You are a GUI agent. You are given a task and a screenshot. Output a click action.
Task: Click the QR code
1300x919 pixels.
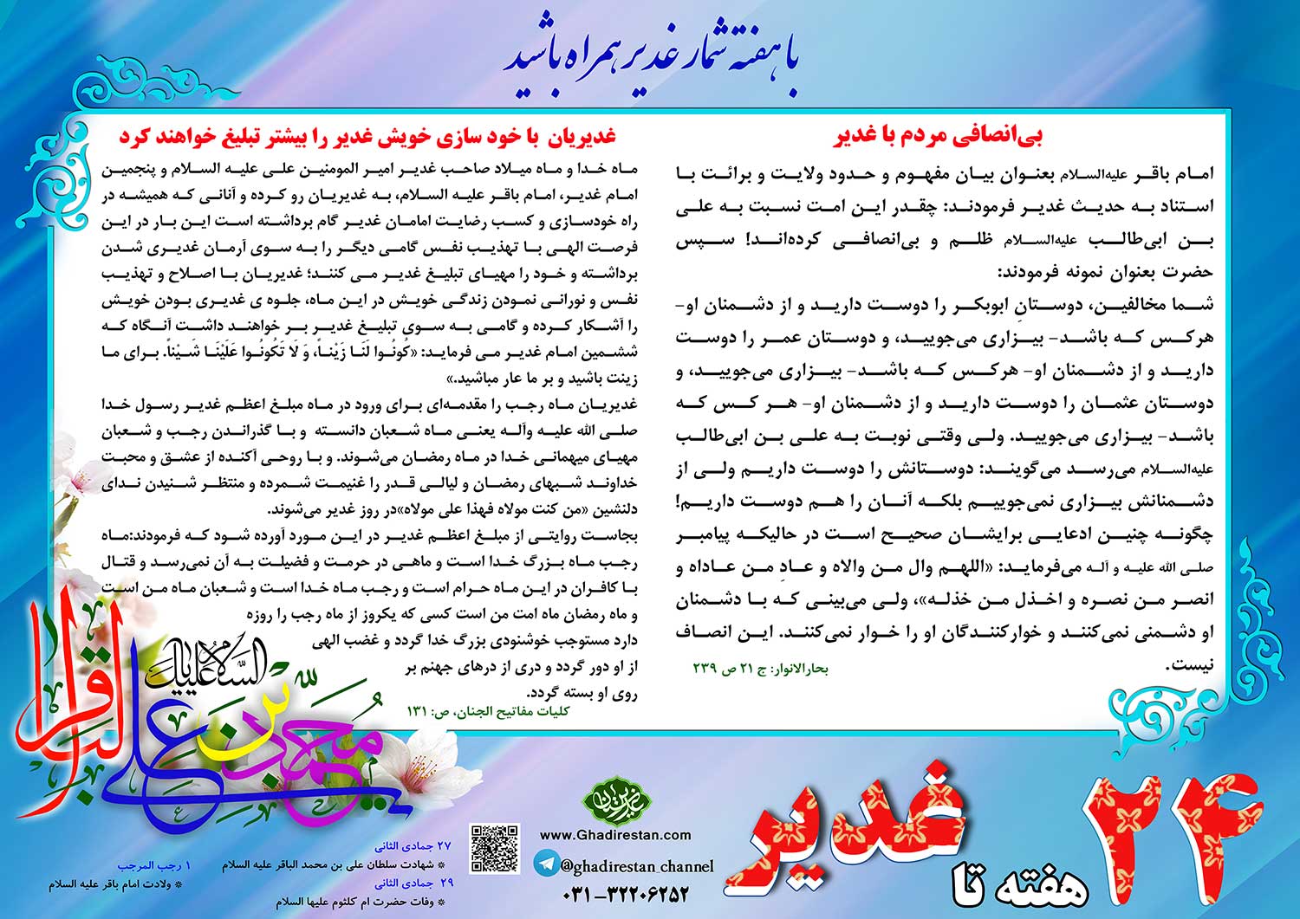coord(495,848)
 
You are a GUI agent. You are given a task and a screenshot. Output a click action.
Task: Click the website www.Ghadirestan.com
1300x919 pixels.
coord(615,835)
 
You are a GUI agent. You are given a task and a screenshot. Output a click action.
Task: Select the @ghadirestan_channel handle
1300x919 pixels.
coord(637,865)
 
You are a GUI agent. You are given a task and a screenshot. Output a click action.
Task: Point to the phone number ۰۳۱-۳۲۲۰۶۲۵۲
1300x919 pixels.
coord(625,894)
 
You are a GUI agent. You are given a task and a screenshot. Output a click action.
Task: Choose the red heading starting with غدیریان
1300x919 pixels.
coord(367,136)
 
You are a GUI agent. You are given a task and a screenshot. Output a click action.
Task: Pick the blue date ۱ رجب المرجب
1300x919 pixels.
coord(154,864)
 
